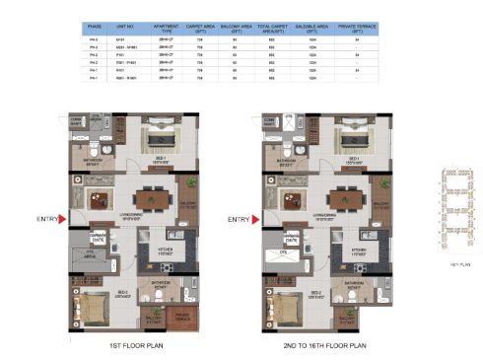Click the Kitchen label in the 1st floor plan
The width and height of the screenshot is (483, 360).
152,254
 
